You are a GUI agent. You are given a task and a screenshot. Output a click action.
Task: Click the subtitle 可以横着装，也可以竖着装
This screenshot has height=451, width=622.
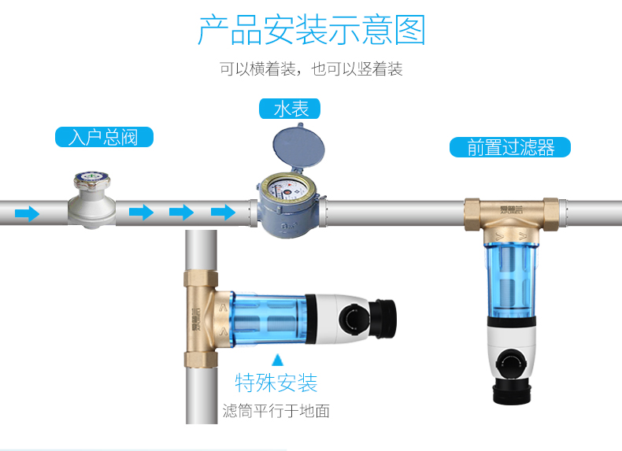coord(311,69)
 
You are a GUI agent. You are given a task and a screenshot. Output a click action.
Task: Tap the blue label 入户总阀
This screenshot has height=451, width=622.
coord(103,138)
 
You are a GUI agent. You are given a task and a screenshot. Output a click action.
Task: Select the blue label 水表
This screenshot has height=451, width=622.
coord(291,108)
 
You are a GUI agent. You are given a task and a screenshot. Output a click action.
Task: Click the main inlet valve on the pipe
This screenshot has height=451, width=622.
coord(91,201)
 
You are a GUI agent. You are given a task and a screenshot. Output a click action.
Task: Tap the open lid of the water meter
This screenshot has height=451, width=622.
coord(294,148)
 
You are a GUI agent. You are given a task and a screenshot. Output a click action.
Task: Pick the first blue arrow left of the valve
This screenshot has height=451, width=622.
coord(28,213)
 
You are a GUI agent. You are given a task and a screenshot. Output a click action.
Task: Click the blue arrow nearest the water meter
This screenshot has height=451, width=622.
coord(224,213)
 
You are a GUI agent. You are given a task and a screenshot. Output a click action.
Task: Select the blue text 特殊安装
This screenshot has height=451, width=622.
coord(276,383)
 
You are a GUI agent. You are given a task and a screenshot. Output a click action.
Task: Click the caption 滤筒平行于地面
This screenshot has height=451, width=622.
coord(276,411)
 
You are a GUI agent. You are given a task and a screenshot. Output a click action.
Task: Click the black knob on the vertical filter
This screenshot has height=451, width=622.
coord(513,360)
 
